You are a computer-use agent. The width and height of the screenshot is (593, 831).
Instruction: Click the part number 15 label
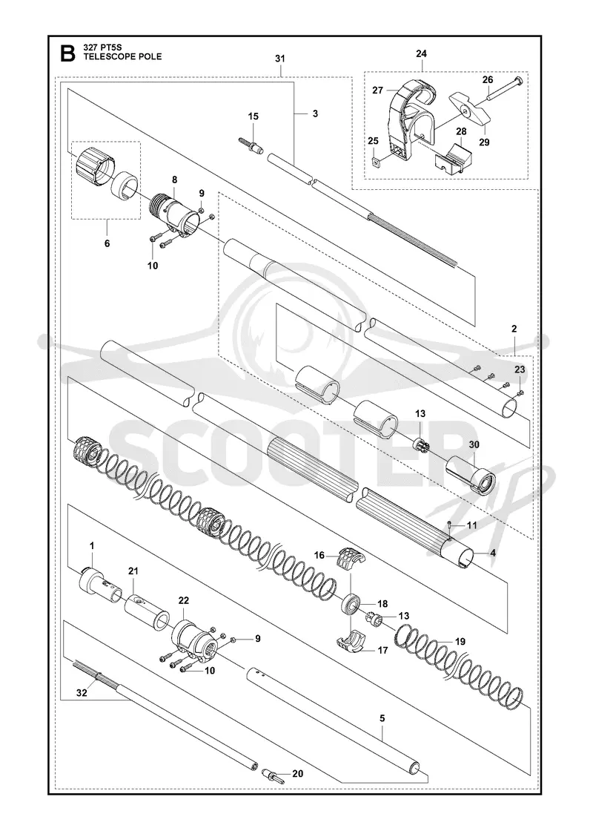(254, 116)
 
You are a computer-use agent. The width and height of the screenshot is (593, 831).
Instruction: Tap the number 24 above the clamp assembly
(422, 53)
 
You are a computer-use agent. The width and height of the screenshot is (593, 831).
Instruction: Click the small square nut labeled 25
(375, 162)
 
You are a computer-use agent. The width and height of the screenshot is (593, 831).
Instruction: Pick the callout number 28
(462, 131)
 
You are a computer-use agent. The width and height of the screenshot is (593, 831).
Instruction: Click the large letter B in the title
(67, 53)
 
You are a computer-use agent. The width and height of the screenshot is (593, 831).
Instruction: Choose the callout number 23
(520, 369)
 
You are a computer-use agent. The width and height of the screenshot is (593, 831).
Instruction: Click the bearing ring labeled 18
(351, 605)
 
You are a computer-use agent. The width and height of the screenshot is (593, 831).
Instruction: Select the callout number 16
(319, 556)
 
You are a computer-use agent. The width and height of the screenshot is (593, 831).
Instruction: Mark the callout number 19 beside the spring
(460, 641)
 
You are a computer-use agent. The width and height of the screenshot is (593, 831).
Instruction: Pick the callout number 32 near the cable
(82, 693)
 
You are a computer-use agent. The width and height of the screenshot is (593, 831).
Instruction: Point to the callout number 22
(183, 600)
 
